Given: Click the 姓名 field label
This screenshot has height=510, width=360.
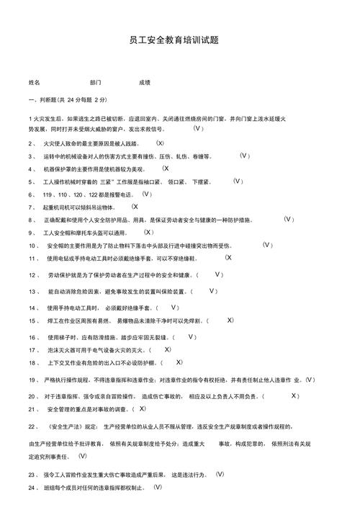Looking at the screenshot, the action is coord(35,83).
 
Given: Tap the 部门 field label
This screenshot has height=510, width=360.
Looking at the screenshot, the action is coord(96,83).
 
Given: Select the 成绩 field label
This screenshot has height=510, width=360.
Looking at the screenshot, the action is coord(145,83).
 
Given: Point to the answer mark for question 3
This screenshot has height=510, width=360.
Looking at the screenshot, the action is coord(224,156).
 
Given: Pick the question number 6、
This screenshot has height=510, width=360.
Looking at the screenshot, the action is coord(32,194).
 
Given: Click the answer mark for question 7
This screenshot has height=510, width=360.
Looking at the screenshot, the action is coord(135,207).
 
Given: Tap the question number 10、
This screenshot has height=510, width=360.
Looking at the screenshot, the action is coord(34,246).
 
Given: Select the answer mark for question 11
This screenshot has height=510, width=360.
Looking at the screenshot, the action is coord(228,258).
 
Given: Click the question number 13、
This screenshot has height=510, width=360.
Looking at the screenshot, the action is coord(34,292).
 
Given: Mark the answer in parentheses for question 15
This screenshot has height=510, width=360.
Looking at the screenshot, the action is coord(230,320).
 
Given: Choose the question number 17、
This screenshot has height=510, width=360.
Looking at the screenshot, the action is coord(34,349).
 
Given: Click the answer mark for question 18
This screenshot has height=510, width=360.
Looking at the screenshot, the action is coord(179,362).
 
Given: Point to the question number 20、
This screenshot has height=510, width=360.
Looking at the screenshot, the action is coord(34,396).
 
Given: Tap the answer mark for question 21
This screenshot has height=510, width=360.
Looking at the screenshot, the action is coord(163,408).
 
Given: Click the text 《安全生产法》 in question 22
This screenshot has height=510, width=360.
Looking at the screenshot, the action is coord(72,427).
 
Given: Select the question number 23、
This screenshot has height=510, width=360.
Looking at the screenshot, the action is coord(34,475).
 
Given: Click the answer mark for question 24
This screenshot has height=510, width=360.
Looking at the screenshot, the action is coord(158,488).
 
